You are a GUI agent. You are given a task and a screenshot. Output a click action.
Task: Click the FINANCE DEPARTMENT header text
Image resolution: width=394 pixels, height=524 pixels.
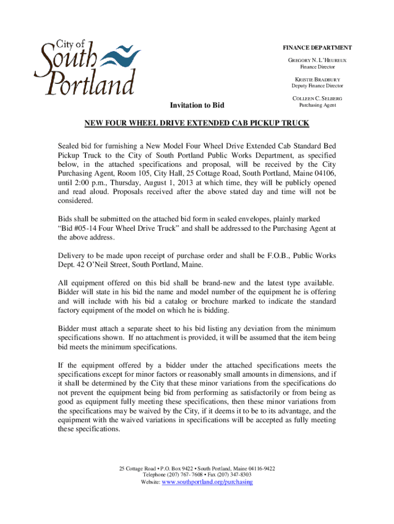click(x=317, y=48)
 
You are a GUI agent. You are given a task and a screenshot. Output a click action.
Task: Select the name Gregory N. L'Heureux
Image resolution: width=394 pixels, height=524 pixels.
click(x=318, y=60)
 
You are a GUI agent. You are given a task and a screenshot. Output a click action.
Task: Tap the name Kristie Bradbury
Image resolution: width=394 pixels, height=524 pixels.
click(x=317, y=80)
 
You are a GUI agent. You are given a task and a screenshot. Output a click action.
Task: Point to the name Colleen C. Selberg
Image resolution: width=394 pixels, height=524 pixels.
click(x=317, y=98)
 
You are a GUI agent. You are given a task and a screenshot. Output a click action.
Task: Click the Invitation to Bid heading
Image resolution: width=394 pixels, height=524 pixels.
click(x=197, y=106)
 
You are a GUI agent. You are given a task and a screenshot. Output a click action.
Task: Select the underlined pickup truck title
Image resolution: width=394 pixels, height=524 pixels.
click(x=197, y=124)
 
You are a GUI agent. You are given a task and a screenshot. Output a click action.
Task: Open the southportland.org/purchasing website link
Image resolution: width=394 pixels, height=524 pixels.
click(x=207, y=482)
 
